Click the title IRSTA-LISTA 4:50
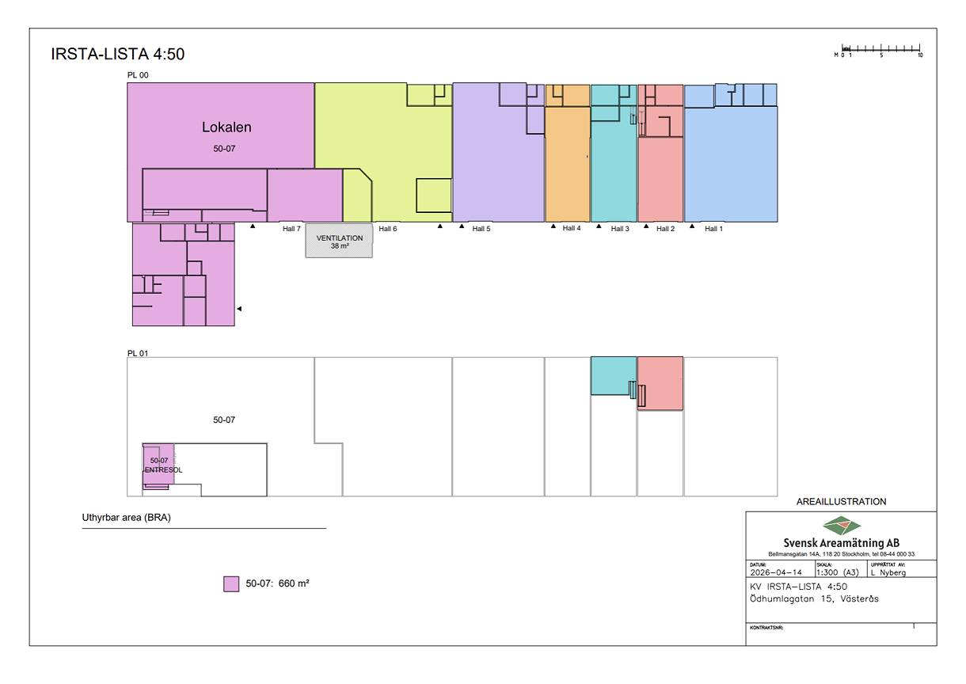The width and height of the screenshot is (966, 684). pos(117,55)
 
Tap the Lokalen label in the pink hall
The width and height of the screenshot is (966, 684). pos(226,127)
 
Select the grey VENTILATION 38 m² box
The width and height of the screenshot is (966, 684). pos(340,241)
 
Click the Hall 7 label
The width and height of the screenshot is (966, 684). pos(291,229)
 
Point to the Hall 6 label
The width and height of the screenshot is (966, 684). pos(388,229)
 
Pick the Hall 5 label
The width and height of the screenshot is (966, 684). pos(481,229)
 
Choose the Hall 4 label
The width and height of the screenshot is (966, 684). pos(572,228)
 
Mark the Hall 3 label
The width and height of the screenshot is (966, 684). pos(620,229)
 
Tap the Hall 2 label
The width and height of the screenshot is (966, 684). pos(666,229)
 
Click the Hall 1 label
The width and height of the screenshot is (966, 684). pos(713,229)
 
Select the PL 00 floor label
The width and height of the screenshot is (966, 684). pos(138,75)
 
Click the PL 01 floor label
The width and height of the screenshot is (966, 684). pos(138,353)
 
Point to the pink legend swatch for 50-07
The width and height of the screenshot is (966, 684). pos(231,584)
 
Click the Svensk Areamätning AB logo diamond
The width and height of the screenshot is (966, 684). pos(841,525)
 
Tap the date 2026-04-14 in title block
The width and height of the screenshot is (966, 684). pos(775,572)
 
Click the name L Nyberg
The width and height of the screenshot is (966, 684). pos(888,572)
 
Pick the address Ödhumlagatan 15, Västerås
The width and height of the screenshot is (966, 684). pos(813,598)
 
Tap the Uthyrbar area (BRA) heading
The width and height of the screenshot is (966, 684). pos(127,519)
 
